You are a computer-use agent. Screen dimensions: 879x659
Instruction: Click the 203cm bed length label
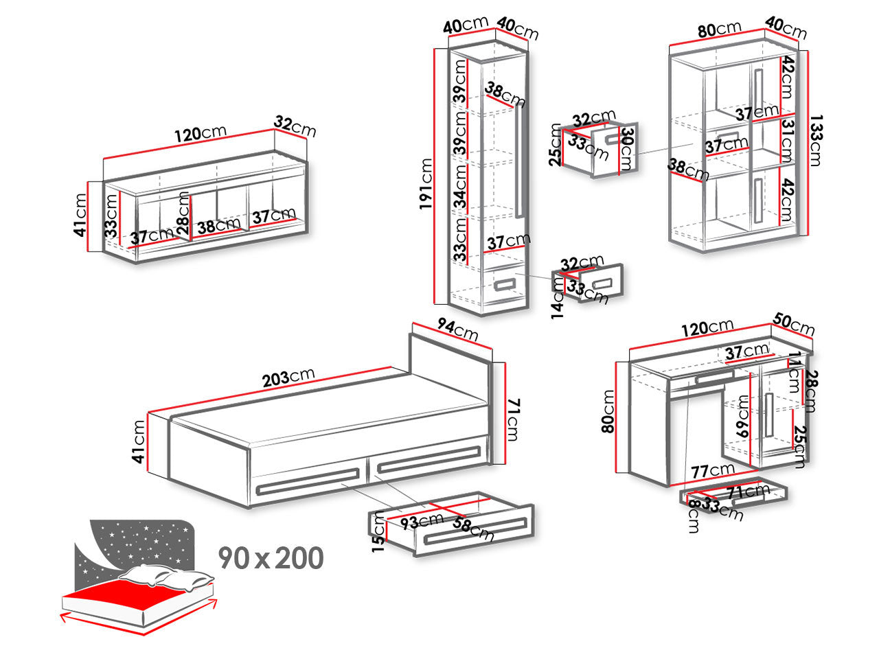coord(288,377)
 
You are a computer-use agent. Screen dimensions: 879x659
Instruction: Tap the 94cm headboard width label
coord(457,329)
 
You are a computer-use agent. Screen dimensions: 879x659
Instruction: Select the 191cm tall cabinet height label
coord(426,184)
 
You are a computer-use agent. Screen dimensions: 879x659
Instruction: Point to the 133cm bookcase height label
coord(816,140)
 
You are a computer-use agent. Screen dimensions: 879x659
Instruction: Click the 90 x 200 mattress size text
coord(271,558)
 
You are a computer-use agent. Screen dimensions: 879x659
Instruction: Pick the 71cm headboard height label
coord(513,419)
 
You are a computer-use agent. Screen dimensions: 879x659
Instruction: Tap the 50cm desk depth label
coord(794,324)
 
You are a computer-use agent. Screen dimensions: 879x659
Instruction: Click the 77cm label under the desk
coord(713,470)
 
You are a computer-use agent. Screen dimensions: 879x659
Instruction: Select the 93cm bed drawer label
coord(422,521)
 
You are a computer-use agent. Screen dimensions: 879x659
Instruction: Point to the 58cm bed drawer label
coord(473,528)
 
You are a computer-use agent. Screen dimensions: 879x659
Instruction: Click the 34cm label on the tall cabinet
coord(461,187)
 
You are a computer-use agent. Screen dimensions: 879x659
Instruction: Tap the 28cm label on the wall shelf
coord(183,213)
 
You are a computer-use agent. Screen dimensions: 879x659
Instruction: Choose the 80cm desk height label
coord(608,411)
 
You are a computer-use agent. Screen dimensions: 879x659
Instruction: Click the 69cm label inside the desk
coord(742,416)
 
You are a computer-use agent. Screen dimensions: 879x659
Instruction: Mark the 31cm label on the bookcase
coord(788,141)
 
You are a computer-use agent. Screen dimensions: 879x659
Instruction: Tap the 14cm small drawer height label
coord(558,298)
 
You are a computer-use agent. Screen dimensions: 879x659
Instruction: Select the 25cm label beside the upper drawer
coord(555,145)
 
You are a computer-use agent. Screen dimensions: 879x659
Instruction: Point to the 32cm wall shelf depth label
coord(295,126)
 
